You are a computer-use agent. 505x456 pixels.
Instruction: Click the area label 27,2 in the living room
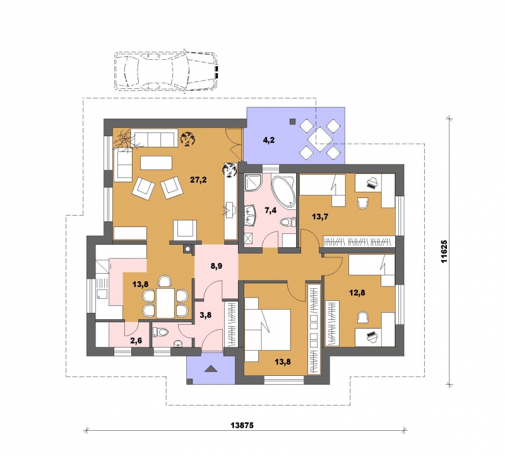(x=198, y=180)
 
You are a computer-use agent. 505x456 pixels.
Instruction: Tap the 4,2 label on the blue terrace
(x=269, y=140)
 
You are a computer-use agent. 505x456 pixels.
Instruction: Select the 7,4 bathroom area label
(x=271, y=211)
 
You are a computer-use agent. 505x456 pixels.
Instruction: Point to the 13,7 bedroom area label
(x=320, y=216)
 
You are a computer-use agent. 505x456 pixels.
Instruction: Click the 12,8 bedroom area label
(x=357, y=293)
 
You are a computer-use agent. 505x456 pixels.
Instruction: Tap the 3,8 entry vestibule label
(x=206, y=315)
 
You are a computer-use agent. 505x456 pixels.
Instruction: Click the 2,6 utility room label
(x=136, y=341)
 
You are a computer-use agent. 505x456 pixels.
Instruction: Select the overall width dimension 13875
(x=242, y=426)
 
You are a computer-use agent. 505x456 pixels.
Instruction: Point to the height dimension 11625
(x=444, y=252)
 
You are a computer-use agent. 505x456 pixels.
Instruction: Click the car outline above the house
(x=166, y=71)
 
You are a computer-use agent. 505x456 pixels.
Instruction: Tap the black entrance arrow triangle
(x=210, y=369)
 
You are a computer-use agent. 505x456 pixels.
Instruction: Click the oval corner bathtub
(x=283, y=192)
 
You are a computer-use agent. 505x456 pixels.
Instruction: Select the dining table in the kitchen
(x=165, y=303)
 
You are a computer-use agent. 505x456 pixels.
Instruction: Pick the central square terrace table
(x=320, y=137)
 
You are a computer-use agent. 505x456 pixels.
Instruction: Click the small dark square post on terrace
(x=292, y=122)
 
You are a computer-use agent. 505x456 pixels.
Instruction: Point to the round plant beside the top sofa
(x=187, y=139)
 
